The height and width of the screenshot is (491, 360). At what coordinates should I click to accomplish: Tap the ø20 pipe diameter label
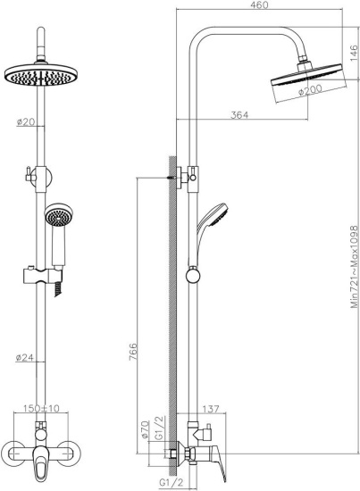point(26,123)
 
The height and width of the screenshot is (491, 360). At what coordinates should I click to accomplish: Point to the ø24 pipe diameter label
point(26,359)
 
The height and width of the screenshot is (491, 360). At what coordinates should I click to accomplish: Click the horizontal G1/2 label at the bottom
point(172,483)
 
